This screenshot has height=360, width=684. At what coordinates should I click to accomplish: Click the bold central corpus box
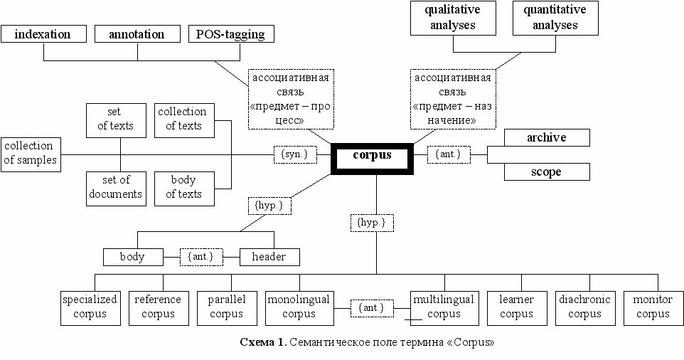372,157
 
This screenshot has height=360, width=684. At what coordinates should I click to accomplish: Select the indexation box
43,34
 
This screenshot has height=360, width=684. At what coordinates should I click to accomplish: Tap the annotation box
137,34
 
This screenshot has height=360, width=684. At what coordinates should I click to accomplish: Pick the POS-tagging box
230,34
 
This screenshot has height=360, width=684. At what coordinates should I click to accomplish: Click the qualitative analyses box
452,18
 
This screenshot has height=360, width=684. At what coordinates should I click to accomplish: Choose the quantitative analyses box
555,18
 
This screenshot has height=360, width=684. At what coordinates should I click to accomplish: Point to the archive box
546,138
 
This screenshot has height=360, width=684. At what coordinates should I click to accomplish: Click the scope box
546,172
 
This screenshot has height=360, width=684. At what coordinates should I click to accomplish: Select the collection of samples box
30,154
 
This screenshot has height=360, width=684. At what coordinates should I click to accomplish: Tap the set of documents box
115,188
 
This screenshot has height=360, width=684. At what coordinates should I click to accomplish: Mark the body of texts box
184,188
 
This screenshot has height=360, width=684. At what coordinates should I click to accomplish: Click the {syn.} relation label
294,154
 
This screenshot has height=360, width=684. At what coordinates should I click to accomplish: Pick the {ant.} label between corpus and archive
449,154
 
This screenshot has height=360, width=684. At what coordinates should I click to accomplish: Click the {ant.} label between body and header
201,257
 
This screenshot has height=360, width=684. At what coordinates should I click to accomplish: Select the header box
269,257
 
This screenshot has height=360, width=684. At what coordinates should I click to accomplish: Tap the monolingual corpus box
299,307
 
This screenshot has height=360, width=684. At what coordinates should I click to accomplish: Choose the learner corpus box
516,307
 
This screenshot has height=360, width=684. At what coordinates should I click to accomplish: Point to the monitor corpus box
653,307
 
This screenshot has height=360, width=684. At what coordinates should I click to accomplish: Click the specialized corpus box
90,307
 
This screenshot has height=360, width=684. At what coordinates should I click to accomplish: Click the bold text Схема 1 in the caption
262,343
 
